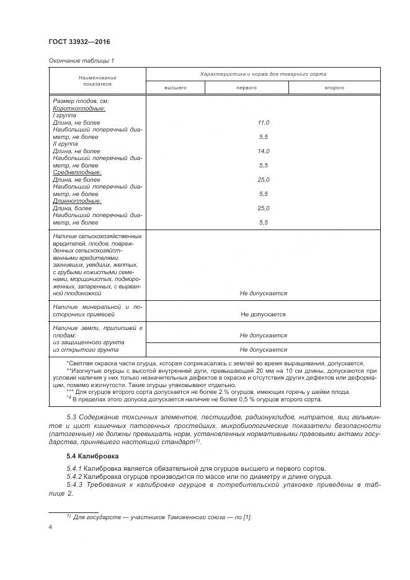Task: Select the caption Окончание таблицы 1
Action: pyautogui.click(x=81, y=60)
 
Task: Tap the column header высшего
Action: pyautogui.click(x=175, y=88)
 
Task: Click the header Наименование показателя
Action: pyautogui.click(x=97, y=81)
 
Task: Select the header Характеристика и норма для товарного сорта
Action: pyautogui.click(x=263, y=74)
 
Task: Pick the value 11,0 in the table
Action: pyautogui.click(x=263, y=123)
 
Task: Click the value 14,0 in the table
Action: pyautogui.click(x=263, y=151)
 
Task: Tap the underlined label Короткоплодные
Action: pyautogui.click(x=79, y=109)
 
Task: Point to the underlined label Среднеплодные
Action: pyautogui.click(x=77, y=172)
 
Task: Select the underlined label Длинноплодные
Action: pyautogui.click(x=77, y=201)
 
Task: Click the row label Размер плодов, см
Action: pyautogui.click(x=81, y=101)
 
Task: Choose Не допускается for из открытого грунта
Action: pyautogui.click(x=263, y=349)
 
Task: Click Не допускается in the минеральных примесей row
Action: pyautogui.click(x=263, y=314)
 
